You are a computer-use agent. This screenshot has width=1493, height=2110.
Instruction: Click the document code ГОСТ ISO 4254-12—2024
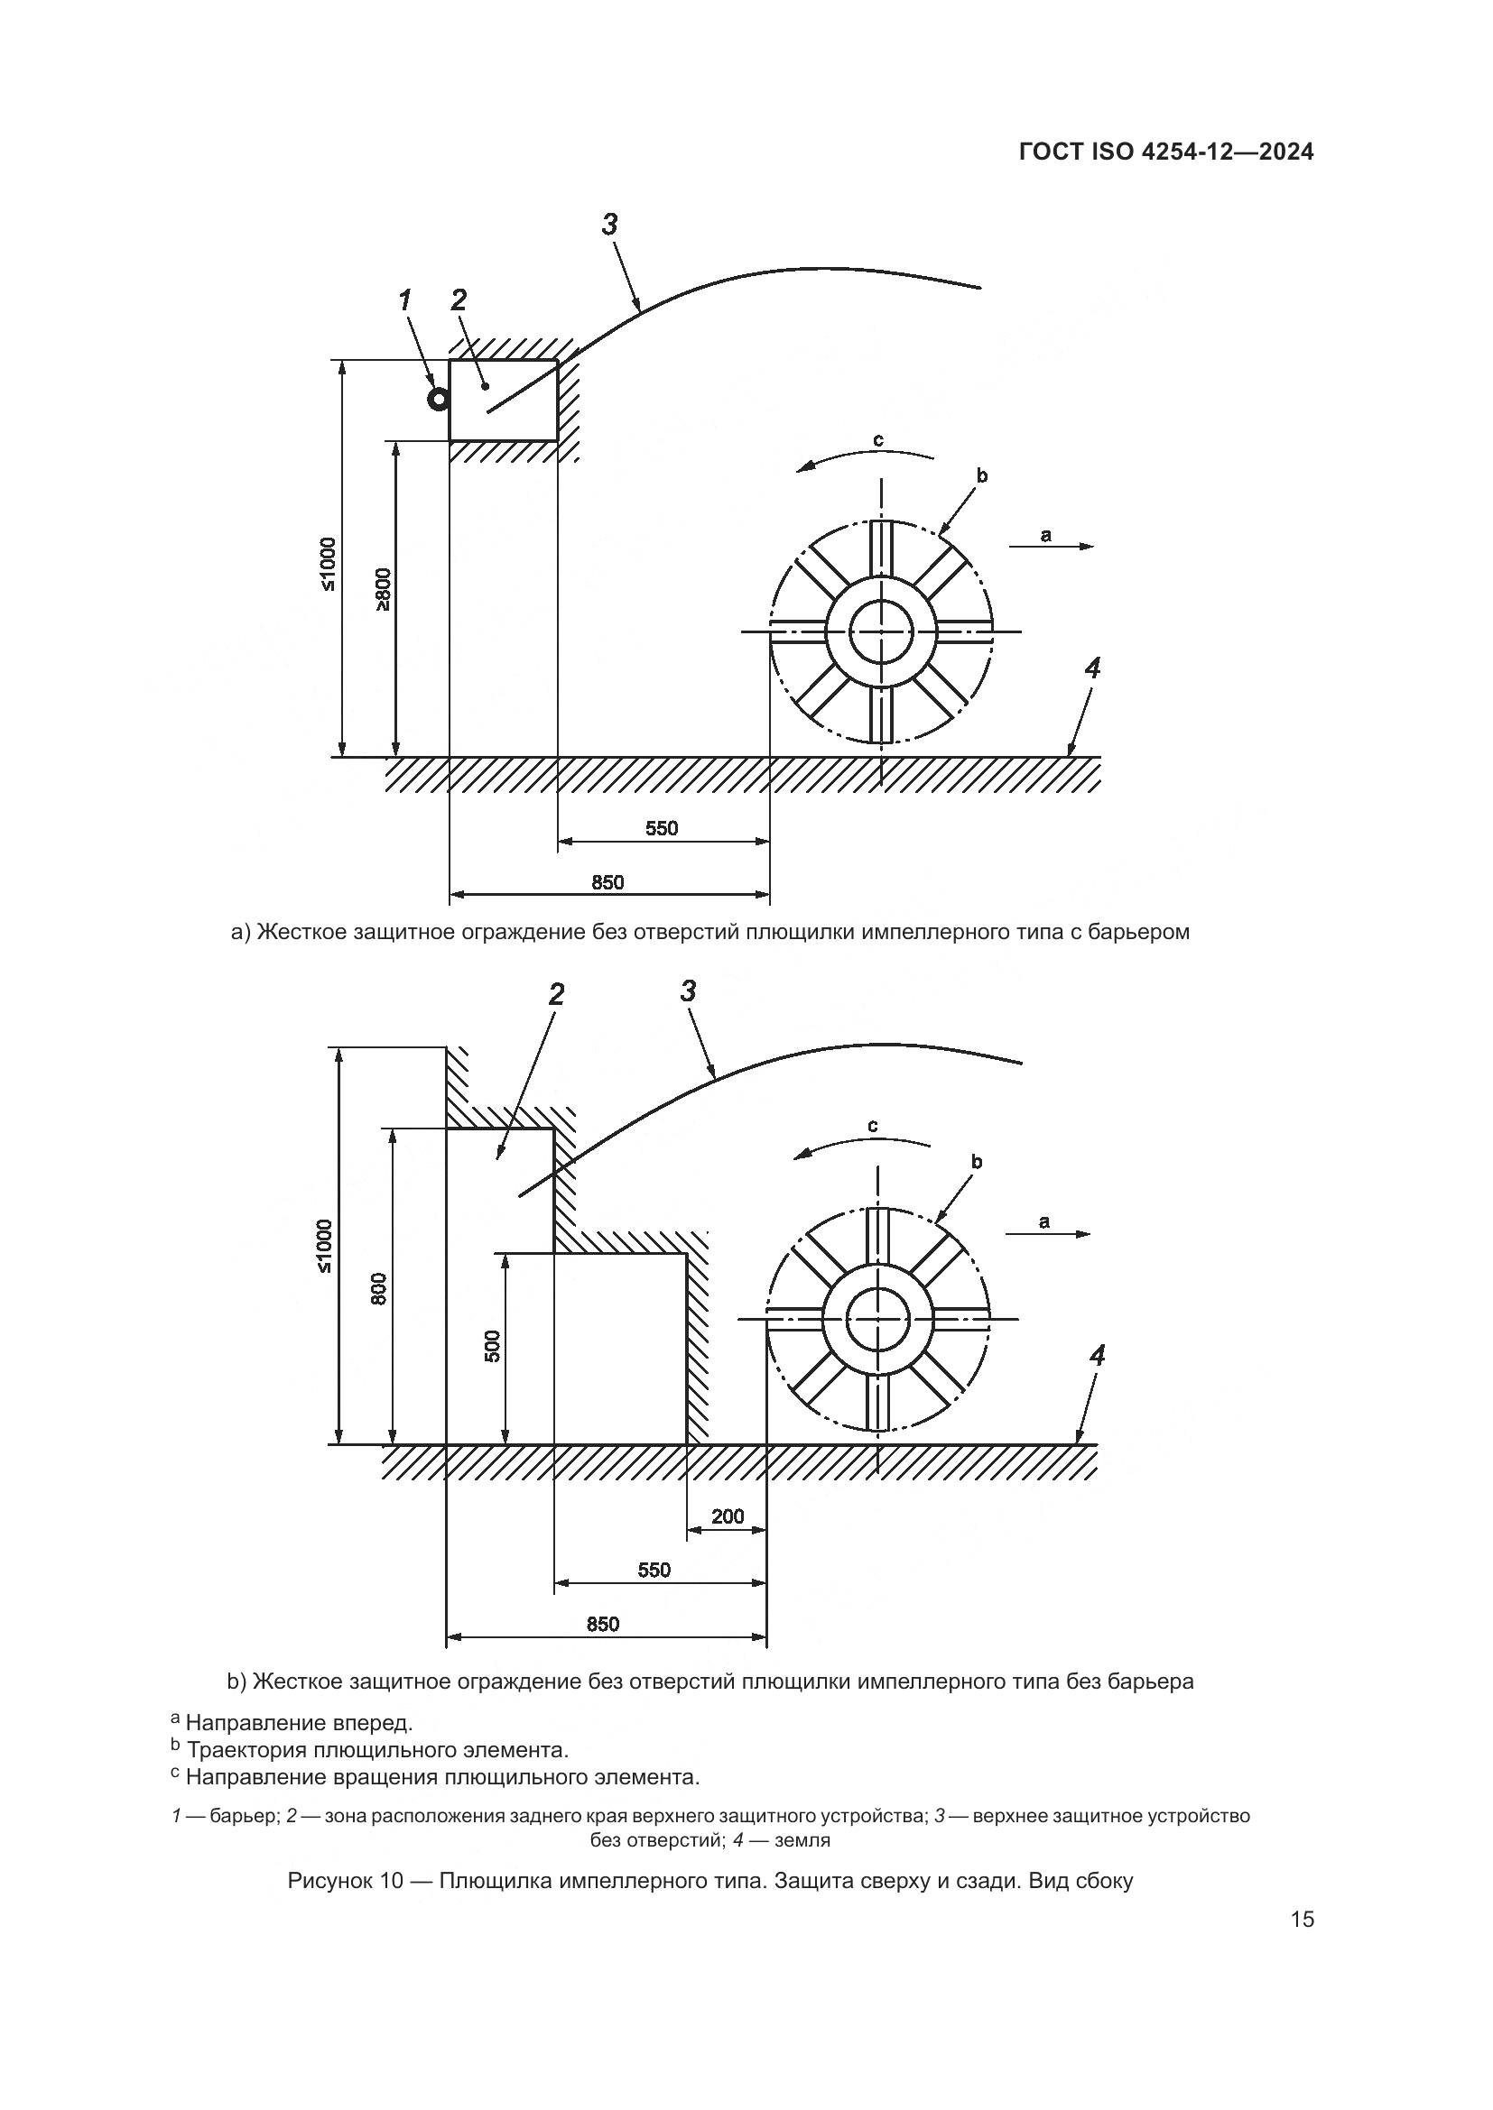tap(1165, 152)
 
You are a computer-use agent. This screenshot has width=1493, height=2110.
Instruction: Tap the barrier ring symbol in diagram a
tap(439, 399)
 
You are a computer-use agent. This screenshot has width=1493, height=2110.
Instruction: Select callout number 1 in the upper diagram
tap(405, 300)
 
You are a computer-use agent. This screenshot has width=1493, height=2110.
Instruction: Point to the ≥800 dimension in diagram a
tap(384, 589)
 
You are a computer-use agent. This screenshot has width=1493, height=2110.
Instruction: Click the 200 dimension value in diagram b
tap(728, 1516)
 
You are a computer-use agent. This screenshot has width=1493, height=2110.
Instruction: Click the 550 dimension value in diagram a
tap(661, 829)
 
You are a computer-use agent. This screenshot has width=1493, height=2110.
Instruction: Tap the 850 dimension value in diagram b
tap(603, 1624)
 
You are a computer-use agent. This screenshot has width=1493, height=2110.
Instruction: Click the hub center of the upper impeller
tap(881, 631)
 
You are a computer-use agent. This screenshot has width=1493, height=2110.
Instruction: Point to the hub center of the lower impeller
tap(877, 1320)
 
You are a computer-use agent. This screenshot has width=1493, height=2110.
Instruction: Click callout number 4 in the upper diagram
tap(1091, 668)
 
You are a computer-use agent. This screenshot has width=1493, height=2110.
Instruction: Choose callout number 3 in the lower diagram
tap(688, 991)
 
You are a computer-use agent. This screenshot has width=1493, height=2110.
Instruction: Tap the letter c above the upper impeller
tap(878, 441)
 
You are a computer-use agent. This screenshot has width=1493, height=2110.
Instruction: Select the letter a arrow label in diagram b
tap(1043, 1221)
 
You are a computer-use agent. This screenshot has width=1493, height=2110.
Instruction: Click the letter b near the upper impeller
tap(981, 476)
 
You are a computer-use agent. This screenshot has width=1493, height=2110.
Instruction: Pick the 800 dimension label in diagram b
tap(381, 1287)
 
